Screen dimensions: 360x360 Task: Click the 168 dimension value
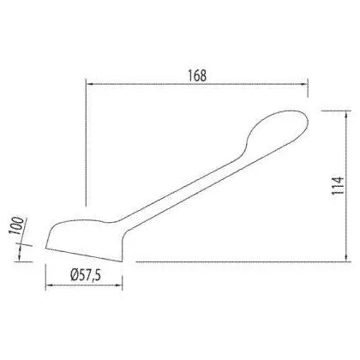tap(197, 75)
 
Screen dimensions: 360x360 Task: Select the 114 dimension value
tap(338, 186)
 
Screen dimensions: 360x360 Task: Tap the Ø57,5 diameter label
tap(86, 275)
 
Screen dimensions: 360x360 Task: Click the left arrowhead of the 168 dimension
tap(90, 84)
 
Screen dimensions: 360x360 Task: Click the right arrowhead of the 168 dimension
tap(304, 84)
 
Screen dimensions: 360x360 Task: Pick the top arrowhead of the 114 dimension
tap(346, 115)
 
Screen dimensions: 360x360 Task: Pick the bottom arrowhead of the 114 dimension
tap(346, 257)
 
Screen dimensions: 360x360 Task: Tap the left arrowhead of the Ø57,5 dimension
tap(50, 285)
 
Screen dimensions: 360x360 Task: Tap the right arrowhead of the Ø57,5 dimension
tap(118, 285)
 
